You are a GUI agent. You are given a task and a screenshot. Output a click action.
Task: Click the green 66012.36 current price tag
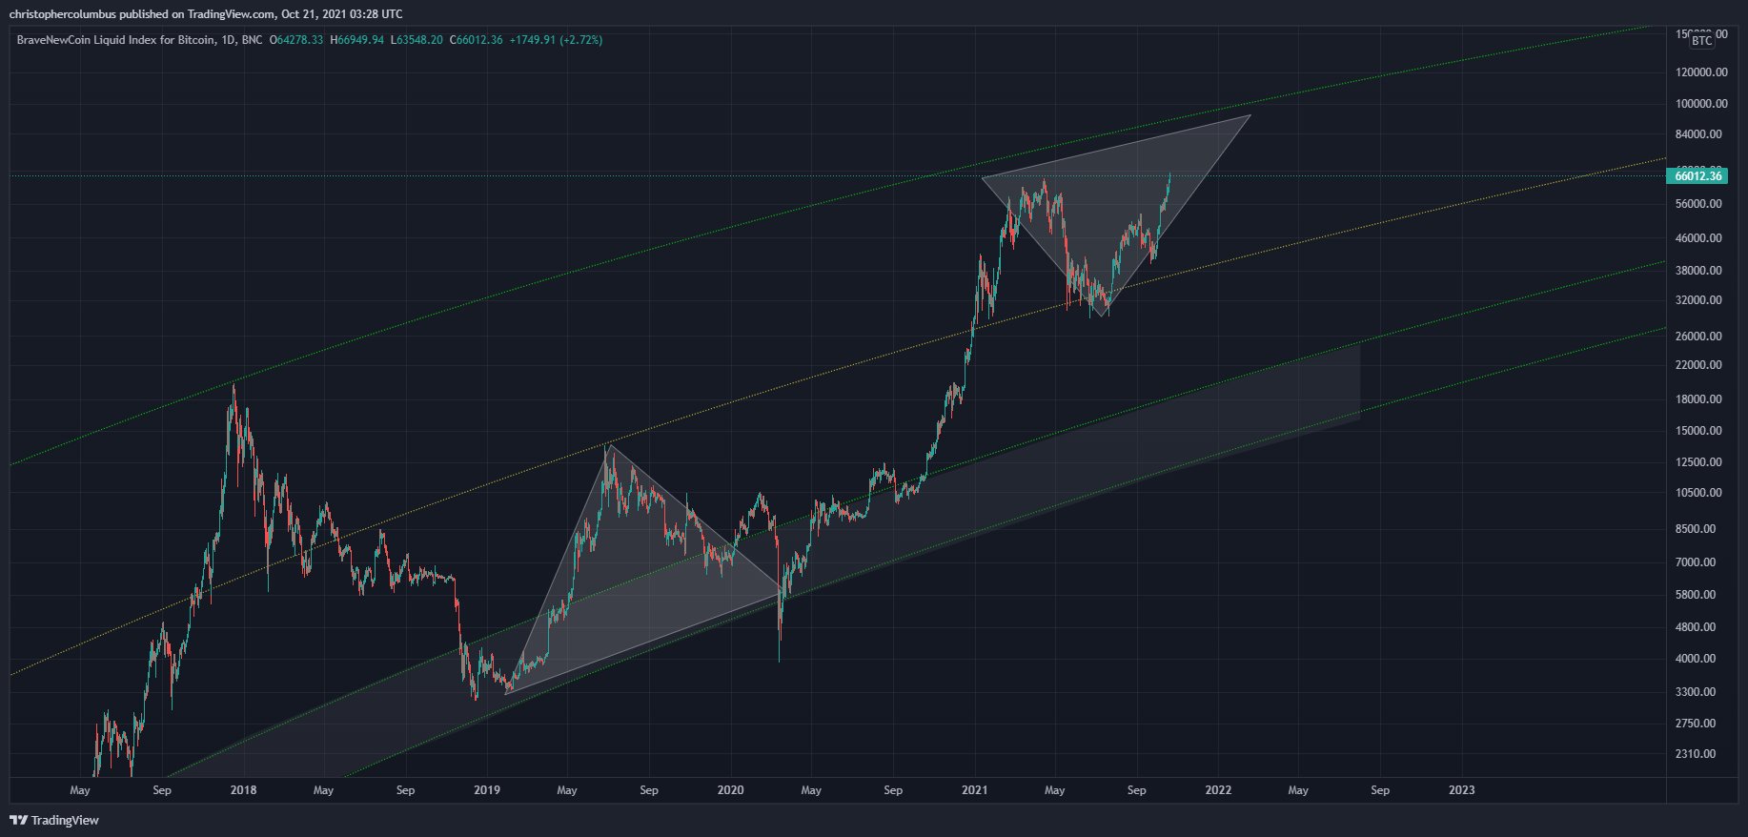coord(1698,175)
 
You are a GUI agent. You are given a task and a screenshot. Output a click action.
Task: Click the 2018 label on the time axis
coord(243,790)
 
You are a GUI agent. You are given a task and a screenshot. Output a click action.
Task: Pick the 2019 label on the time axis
coord(487,790)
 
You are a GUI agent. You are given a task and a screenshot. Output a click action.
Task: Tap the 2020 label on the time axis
coord(730,790)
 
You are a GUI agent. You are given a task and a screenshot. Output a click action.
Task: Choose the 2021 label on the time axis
coord(974,790)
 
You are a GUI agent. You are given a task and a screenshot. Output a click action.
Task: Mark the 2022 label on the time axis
coord(1218,790)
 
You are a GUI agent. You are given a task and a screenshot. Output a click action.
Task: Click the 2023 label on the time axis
coord(1461,790)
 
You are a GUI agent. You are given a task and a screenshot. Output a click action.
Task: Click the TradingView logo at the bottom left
coord(54,820)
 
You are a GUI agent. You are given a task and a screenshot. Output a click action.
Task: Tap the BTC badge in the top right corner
coord(1701,40)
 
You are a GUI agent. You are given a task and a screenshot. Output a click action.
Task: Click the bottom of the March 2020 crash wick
coord(779,661)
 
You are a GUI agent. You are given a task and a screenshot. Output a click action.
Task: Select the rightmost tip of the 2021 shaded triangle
coord(1250,115)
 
